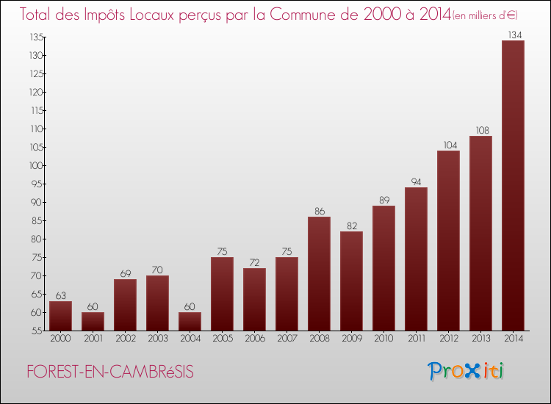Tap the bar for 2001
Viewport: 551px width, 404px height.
point(93,321)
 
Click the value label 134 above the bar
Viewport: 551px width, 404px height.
point(513,34)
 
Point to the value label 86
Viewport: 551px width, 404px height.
point(319,211)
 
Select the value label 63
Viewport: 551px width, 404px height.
point(60,295)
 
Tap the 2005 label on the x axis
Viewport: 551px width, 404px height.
point(222,339)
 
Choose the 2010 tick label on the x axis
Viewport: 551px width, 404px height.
point(383,339)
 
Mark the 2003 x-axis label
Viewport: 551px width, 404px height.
point(157,339)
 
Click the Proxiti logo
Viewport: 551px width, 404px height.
point(466,371)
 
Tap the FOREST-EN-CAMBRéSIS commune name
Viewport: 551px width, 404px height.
point(110,372)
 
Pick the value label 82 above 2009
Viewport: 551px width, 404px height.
point(351,226)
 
